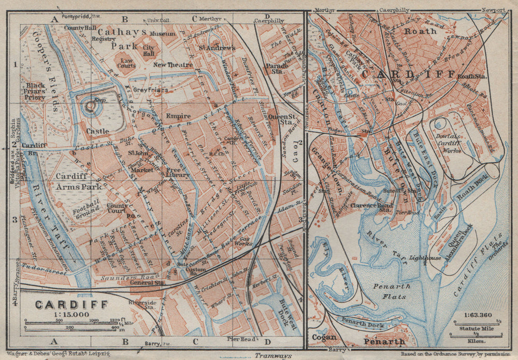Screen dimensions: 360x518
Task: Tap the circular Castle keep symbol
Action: [90, 107]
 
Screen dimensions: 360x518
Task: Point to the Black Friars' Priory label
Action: [36, 91]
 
